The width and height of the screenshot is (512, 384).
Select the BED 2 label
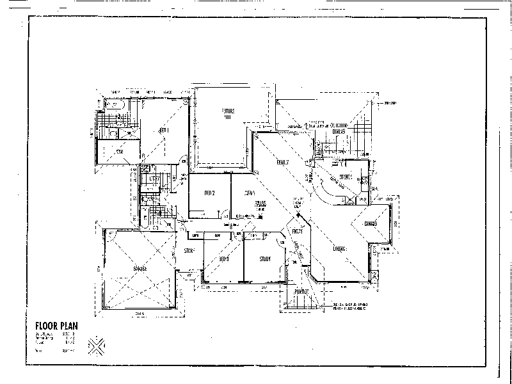point(209,193)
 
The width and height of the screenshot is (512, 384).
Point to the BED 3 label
point(223,259)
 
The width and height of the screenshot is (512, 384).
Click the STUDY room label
point(266,259)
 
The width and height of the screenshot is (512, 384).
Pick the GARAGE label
point(140,269)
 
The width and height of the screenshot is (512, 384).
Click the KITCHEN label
point(347,176)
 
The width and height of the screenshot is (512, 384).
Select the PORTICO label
point(302,292)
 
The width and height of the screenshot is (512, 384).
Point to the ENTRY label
point(298,230)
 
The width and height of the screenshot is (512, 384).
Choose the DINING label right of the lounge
point(372,223)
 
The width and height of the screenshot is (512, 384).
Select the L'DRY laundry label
point(155,177)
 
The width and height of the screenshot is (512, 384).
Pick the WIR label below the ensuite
point(119,152)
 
